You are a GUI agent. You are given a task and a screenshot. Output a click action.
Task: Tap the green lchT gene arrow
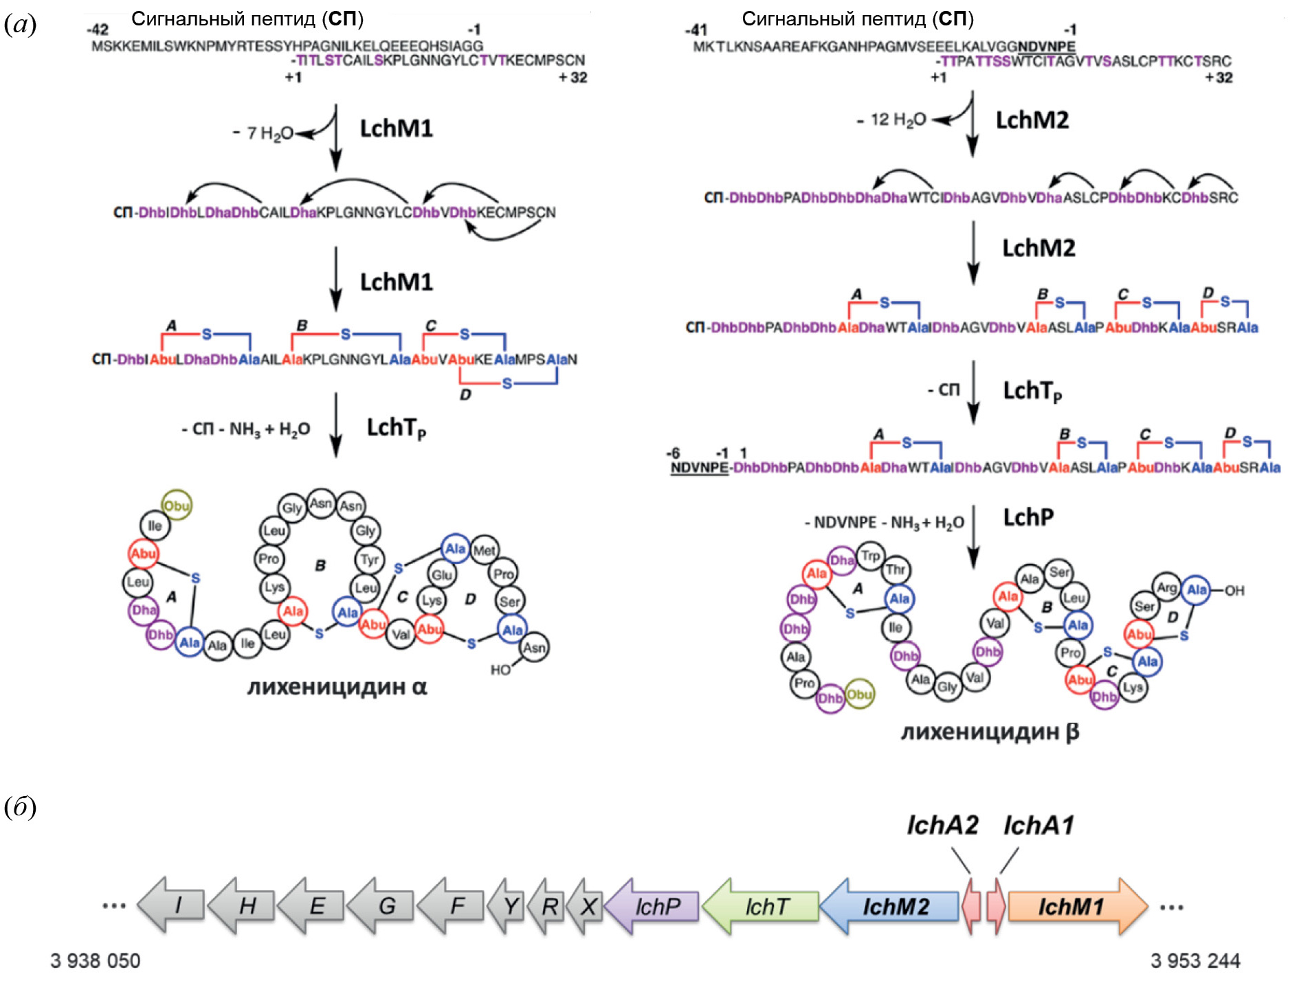[763, 907]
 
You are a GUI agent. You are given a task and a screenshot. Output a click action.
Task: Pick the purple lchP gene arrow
[653, 907]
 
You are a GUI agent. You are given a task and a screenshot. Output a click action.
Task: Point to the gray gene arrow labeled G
[383, 905]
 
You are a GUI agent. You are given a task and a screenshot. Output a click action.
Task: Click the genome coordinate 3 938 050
[95, 960]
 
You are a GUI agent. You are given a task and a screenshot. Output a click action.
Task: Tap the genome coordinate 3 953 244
[1195, 960]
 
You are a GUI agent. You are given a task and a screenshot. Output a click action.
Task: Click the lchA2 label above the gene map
[942, 825]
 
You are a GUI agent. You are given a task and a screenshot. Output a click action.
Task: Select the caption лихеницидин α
[337, 687]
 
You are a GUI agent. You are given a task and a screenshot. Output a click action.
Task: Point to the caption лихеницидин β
[990, 732]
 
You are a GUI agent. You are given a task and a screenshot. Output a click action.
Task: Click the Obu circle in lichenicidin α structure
[177, 506]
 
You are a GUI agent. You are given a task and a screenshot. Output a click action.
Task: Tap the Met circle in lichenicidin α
[485, 550]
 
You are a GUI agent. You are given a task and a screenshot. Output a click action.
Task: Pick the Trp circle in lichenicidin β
[871, 556]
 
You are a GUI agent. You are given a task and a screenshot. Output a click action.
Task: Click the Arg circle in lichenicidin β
[1166, 587]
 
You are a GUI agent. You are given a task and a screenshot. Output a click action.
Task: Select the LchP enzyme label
[1028, 517]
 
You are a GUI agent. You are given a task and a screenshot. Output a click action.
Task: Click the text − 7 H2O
[263, 133]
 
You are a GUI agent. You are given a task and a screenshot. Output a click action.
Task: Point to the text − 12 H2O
[891, 120]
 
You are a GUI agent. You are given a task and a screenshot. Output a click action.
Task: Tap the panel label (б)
[20, 807]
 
